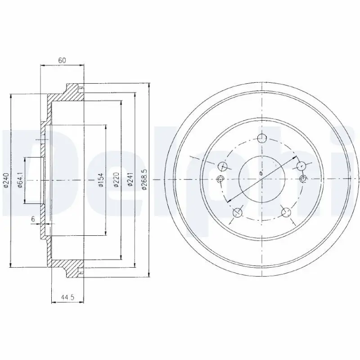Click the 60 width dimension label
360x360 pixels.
[62, 60]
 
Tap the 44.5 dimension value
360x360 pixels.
[68, 297]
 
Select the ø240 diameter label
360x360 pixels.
[6, 181]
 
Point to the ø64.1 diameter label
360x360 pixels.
[20, 181]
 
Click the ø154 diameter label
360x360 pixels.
[101, 181]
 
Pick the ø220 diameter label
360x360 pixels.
[116, 181]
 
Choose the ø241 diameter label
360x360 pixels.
[130, 181]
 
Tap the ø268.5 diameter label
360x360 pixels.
[144, 180]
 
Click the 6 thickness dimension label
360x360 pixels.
[33, 219]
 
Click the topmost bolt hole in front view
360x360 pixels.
[262, 138]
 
